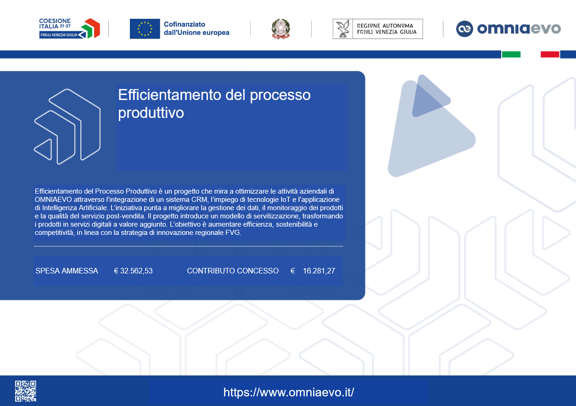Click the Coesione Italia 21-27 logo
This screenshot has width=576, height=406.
click(x=69, y=28)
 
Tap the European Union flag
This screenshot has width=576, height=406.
click(x=145, y=29)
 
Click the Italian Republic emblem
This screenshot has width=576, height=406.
click(x=281, y=29)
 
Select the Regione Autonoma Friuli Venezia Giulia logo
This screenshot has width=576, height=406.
click(x=378, y=29)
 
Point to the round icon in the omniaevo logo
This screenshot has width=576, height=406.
click(x=464, y=29)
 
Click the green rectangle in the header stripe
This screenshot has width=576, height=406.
click(x=511, y=54)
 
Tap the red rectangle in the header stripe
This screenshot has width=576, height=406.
click(x=550, y=54)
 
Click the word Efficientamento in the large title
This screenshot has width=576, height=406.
click(x=169, y=95)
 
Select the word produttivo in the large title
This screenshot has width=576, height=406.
click(x=151, y=113)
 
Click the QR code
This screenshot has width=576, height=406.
click(x=25, y=391)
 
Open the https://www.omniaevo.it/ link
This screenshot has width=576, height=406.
click(x=289, y=392)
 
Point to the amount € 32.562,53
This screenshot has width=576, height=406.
click(x=133, y=271)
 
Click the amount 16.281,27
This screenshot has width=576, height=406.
click(x=319, y=271)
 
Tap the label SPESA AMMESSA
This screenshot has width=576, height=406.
click(x=67, y=271)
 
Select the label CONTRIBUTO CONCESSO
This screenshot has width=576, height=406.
click(x=233, y=271)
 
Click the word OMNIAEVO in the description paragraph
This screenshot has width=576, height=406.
click(x=53, y=200)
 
